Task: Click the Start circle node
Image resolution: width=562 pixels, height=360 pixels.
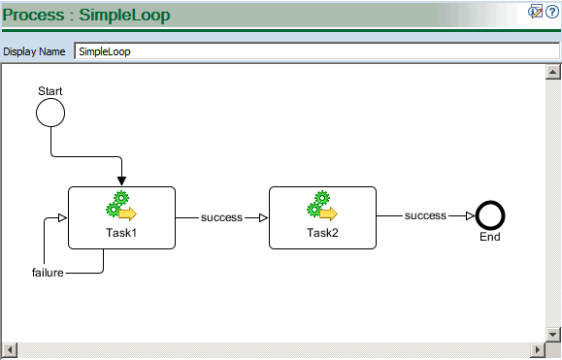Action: [x=50, y=113]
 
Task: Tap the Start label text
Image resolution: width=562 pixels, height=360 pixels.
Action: [x=50, y=91]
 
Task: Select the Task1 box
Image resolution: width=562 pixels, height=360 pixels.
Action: [x=121, y=218]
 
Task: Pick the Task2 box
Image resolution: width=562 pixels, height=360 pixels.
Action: [x=321, y=218]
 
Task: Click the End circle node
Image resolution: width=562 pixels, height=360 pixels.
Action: [x=490, y=215]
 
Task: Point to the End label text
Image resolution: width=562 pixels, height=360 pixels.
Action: [x=490, y=237]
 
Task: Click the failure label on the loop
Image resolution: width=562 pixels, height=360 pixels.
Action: [x=48, y=273]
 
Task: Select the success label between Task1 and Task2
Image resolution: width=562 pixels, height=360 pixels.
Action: [x=221, y=217]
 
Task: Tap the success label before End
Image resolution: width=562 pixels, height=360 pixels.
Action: [x=425, y=215]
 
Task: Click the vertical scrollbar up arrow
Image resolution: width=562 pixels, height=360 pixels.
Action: [x=552, y=72]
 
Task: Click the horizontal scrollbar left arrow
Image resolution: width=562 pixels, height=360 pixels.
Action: [x=10, y=348]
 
